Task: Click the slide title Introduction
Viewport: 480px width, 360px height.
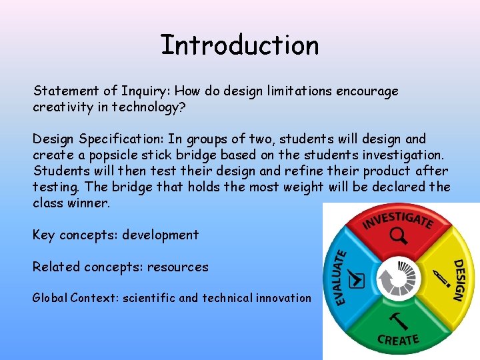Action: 239,45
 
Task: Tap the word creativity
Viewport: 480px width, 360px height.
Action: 61,107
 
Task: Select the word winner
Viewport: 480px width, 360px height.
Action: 89,203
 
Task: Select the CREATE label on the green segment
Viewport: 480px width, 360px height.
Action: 398,340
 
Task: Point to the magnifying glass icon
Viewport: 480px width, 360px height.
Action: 399,235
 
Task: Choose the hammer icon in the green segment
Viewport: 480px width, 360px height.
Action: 398,321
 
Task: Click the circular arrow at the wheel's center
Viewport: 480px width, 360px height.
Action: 398,279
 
